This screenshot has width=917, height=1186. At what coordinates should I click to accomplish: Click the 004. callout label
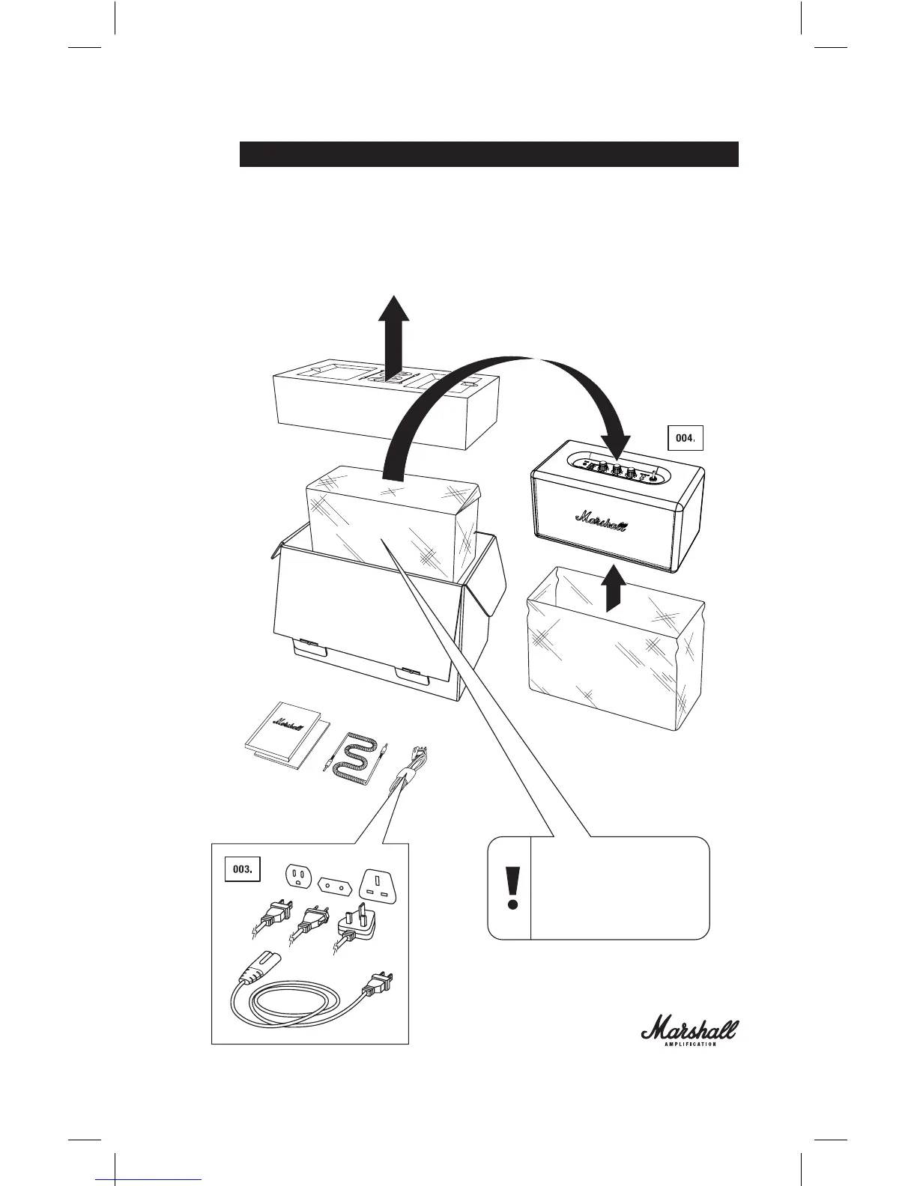click(685, 439)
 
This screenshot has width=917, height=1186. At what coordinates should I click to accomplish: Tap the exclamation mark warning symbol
click(512, 887)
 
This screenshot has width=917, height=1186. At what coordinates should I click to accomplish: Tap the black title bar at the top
click(488, 154)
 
